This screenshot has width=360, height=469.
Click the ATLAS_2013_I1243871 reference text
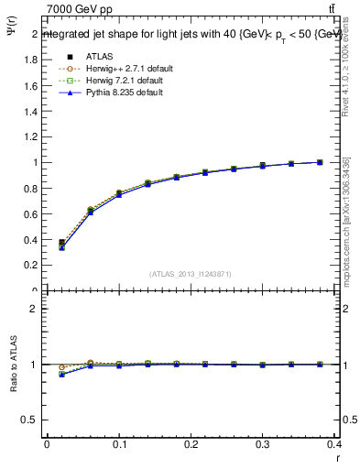point(191,275)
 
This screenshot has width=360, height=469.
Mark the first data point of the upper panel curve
point(61,244)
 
